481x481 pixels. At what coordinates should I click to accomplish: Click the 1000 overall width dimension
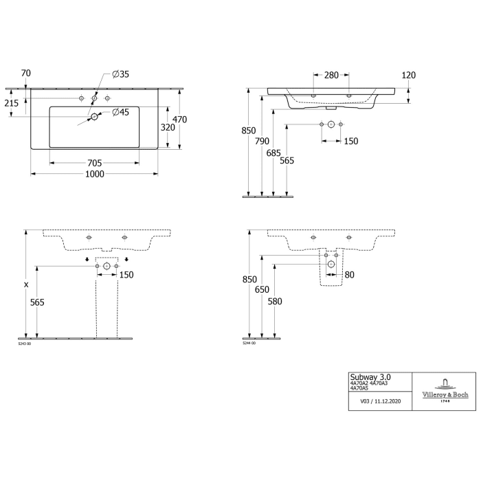pyautogui.click(x=95, y=175)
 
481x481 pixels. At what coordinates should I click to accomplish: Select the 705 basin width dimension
pyautogui.click(x=95, y=163)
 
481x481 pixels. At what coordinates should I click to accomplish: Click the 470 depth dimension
pyautogui.click(x=179, y=119)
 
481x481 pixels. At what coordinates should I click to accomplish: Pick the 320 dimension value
pyautogui.click(x=167, y=127)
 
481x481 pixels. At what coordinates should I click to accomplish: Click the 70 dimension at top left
pyautogui.click(x=26, y=73)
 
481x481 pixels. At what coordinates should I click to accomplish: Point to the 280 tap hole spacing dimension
pyautogui.click(x=331, y=75)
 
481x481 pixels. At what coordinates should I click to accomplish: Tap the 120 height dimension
pyautogui.click(x=408, y=75)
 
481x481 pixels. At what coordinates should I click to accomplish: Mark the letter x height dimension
pyautogui.click(x=26, y=284)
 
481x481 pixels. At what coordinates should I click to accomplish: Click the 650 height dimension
pyautogui.click(x=261, y=290)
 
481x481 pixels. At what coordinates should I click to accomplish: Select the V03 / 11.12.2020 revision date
pyautogui.click(x=376, y=400)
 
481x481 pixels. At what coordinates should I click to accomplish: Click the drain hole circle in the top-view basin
pyautogui.click(x=95, y=118)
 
